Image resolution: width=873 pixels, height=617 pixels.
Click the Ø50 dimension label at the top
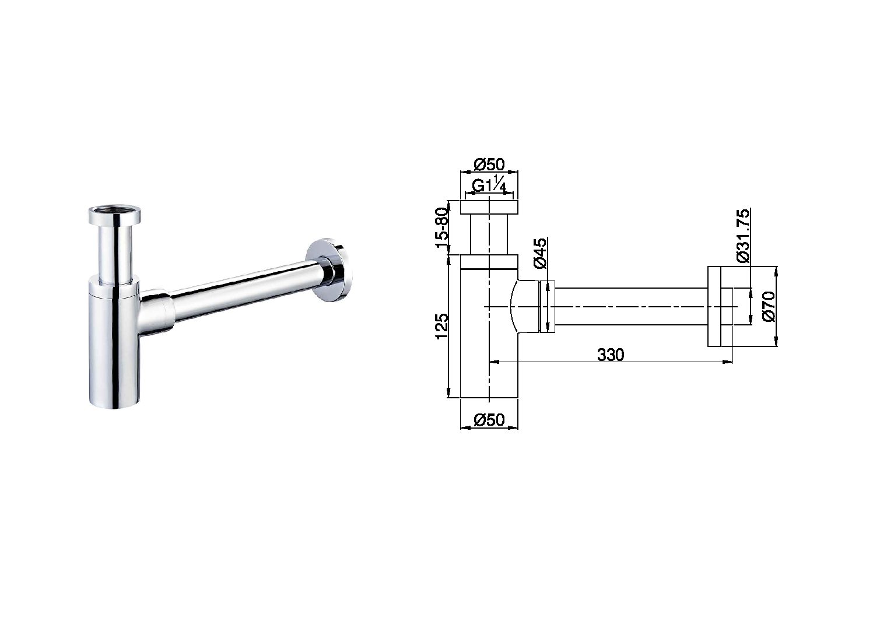pos(489,164)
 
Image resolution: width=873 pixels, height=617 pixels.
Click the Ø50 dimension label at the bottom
pos(489,419)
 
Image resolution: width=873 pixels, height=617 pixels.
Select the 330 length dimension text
pos(611,354)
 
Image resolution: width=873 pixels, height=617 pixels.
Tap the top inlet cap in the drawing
pos(489,208)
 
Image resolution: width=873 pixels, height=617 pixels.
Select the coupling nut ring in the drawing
pos(548,307)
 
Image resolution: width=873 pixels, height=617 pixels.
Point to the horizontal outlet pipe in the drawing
pos(630,307)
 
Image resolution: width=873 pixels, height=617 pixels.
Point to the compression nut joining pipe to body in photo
pos(157,311)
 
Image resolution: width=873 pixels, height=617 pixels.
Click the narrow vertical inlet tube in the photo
pos(114,254)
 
